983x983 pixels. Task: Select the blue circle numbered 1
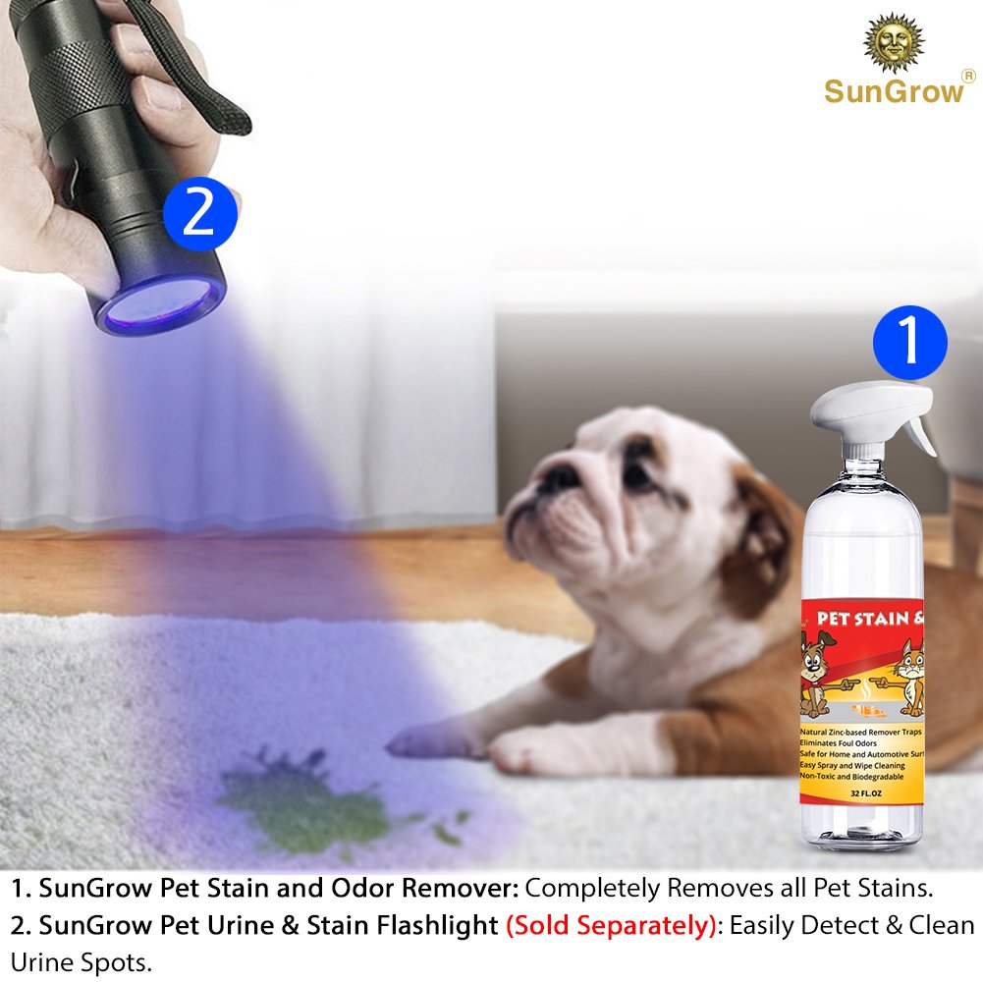tap(910, 343)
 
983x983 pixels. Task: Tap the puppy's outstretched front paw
tap(422, 742)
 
